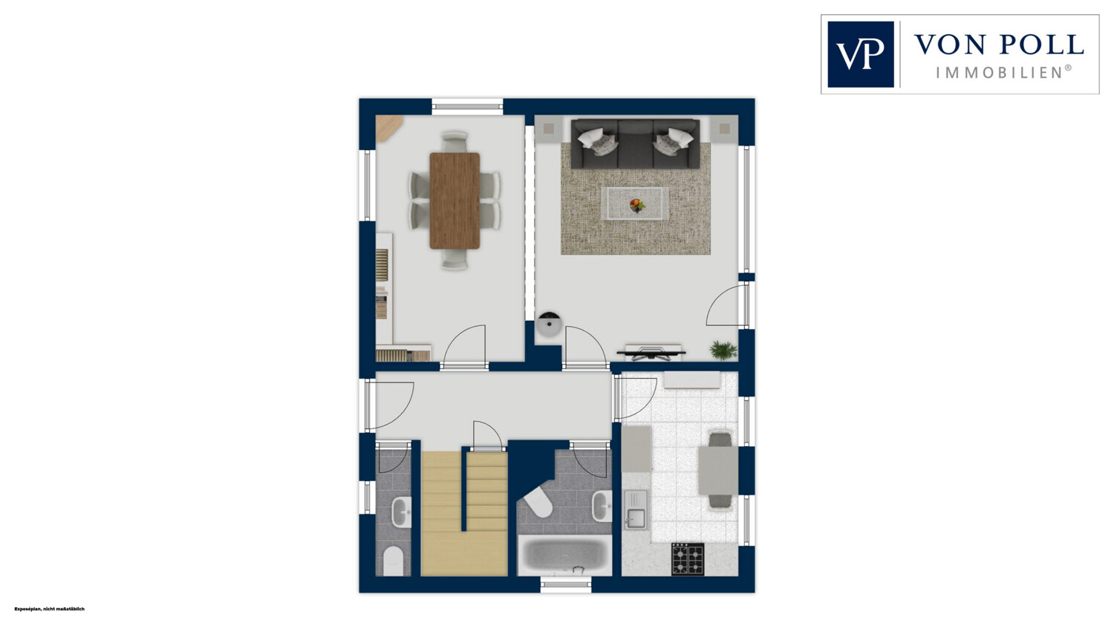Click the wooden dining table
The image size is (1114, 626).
pyautogui.click(x=455, y=200)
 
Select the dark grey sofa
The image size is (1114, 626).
pyautogui.click(x=635, y=143)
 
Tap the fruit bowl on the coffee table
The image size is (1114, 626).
pyautogui.click(x=636, y=205)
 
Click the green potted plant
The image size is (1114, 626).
pyautogui.click(x=723, y=350)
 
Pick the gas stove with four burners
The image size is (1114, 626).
pyautogui.click(x=688, y=558)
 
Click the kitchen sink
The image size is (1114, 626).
pyautogui.click(x=636, y=509)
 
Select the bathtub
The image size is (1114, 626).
pyautogui.click(x=564, y=555)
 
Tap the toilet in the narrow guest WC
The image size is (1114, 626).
pyautogui.click(x=393, y=561)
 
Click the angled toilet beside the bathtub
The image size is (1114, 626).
pyautogui.click(x=537, y=501)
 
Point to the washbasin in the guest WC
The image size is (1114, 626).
pyautogui.click(x=401, y=512)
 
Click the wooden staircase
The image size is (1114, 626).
pyautogui.click(x=464, y=513)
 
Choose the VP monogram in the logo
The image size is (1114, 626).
pyautogui.click(x=860, y=54)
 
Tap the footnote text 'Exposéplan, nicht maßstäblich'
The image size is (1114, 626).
pyautogui.click(x=50, y=609)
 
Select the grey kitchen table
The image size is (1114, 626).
pyautogui.click(x=718, y=470)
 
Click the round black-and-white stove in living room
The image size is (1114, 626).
pyautogui.click(x=549, y=325)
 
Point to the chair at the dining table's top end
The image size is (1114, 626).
pyautogui.click(x=455, y=140)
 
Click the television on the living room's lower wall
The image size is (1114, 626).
pyautogui.click(x=651, y=353)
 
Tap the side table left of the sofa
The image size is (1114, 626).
pyautogui.click(x=549, y=128)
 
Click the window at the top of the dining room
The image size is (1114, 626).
pyautogui.click(x=467, y=105)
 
